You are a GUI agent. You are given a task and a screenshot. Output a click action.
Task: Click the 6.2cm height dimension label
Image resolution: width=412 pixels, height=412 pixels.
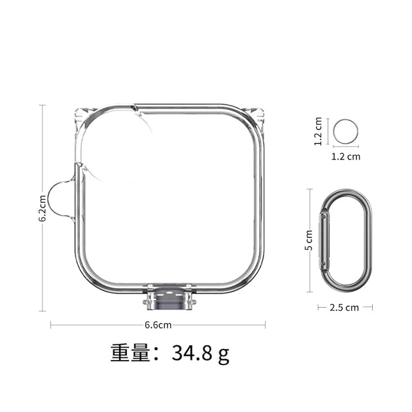pyautogui.click(x=42, y=209)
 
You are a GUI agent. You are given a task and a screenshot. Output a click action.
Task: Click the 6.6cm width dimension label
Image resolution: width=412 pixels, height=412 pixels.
pyautogui.click(x=158, y=325)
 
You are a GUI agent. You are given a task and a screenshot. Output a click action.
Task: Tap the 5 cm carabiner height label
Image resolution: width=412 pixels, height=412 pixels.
pyautogui.click(x=309, y=240)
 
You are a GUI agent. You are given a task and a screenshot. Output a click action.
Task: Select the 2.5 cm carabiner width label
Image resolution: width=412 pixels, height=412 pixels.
pyautogui.click(x=344, y=308)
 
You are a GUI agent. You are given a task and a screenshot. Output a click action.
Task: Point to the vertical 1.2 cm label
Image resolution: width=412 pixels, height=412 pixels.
pyautogui.click(x=318, y=131)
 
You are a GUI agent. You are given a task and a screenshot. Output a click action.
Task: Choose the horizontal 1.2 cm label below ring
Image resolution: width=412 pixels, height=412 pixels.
pyautogui.click(x=346, y=156)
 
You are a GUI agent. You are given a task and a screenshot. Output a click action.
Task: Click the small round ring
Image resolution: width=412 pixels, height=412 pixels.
pyautogui.click(x=346, y=119)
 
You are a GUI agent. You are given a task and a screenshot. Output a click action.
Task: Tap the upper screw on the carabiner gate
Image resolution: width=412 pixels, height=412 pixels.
pyautogui.click(x=324, y=216)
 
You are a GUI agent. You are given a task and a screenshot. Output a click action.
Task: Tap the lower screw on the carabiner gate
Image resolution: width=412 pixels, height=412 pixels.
pyautogui.click(x=323, y=263)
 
